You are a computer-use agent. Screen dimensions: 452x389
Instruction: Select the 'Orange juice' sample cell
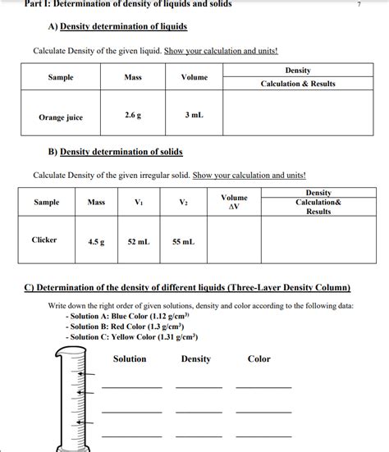[x=61, y=117]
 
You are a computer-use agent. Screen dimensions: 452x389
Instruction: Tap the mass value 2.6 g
[x=133, y=116]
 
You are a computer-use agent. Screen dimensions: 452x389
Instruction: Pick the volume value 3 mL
[x=194, y=116]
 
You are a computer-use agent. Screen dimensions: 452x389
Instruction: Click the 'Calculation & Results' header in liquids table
[x=298, y=84]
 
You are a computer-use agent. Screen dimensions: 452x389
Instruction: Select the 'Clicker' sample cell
[x=44, y=240]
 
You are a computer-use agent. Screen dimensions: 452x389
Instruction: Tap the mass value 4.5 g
[x=95, y=242]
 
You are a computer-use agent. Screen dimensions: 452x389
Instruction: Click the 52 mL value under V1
[x=138, y=242]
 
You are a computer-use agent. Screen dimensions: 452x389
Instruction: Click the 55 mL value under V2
[x=183, y=242]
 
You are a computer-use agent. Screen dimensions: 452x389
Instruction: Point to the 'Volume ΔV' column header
[x=234, y=202]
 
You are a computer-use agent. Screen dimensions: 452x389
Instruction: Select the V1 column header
[x=138, y=202]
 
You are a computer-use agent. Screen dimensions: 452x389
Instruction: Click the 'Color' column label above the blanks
[x=259, y=359]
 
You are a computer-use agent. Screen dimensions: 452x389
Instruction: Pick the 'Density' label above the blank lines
[x=195, y=359]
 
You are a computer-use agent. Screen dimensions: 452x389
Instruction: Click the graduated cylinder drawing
[x=78, y=402]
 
